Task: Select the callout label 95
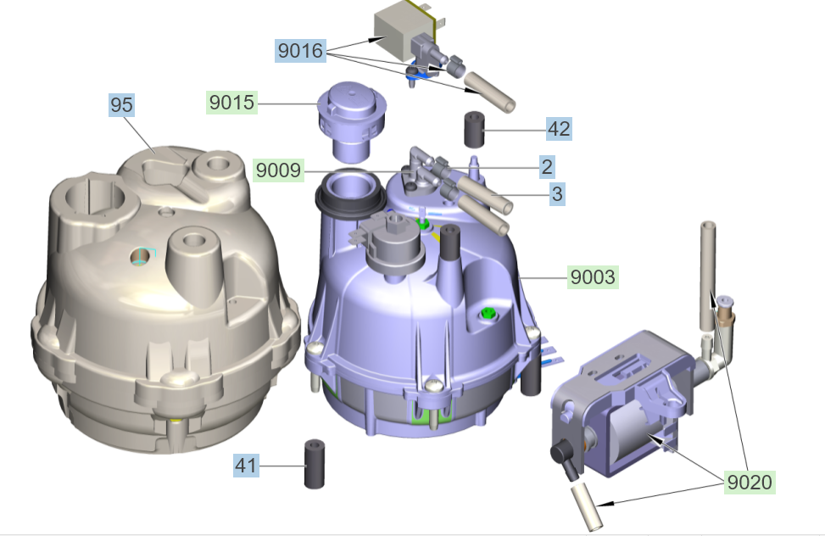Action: point(121,105)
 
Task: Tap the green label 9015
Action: point(231,103)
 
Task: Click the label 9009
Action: point(277,170)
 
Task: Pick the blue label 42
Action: point(558,129)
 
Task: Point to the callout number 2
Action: point(546,166)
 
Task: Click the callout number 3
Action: point(556,194)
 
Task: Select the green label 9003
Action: point(593,276)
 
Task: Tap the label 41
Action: point(246,466)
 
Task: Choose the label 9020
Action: point(750,483)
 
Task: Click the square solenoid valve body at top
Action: point(403,34)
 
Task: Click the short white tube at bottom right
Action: point(586,507)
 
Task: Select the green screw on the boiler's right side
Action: point(488,315)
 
